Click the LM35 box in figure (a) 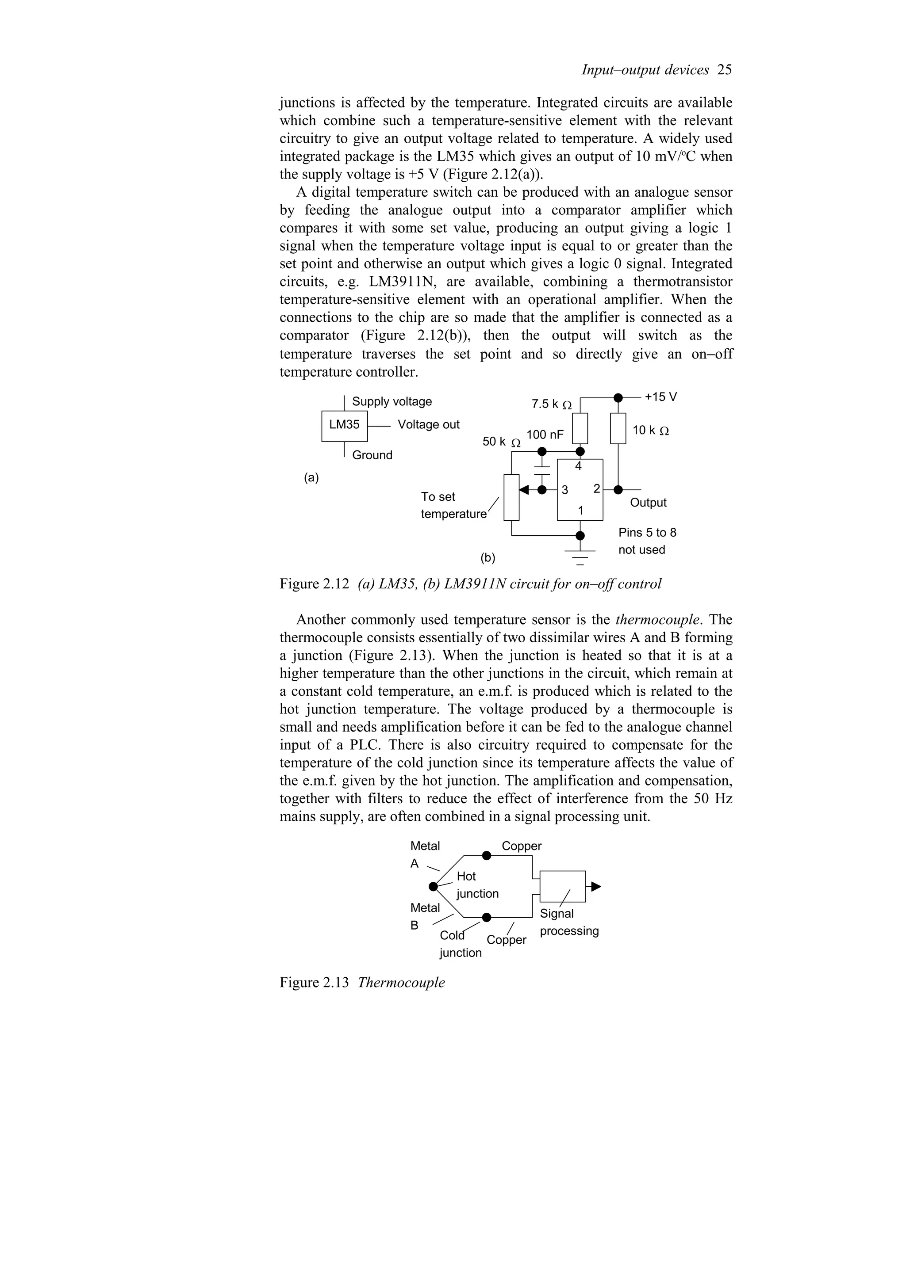[345, 426]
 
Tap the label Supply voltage [392, 402]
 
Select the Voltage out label [428, 425]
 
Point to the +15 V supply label [660, 396]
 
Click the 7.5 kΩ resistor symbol [580, 428]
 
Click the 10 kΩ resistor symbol [618, 428]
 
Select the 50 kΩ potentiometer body [511, 496]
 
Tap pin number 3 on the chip [564, 490]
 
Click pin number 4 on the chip [578, 466]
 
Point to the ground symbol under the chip [580, 555]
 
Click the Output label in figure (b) [648, 503]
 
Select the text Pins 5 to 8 [647, 533]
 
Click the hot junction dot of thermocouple [433, 887]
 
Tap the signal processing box [563, 886]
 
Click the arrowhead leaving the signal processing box [596, 886]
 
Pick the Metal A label [424, 854]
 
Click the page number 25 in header [724, 70]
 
